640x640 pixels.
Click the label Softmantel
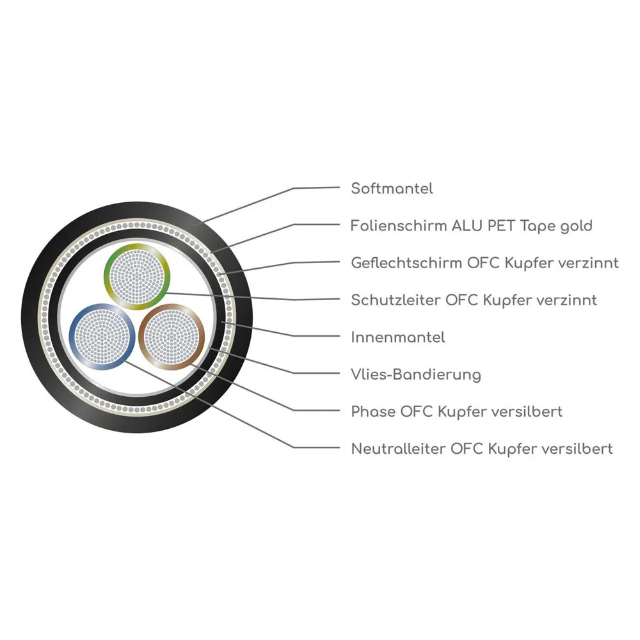tap(392, 189)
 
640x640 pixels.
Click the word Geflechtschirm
tap(406, 263)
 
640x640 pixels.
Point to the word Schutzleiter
tap(396, 300)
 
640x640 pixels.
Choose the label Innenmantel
tap(398, 337)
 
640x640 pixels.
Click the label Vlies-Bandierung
tap(416, 374)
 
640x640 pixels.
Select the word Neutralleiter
tap(398, 449)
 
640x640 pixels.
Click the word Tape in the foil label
tap(537, 227)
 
